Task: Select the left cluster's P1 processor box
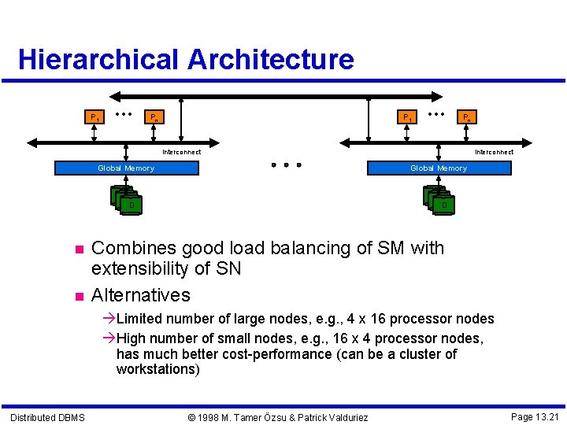point(94,117)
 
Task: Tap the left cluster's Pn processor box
point(156,117)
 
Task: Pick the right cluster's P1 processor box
point(406,117)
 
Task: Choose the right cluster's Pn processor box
point(466,117)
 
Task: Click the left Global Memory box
point(126,168)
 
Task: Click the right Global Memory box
point(439,168)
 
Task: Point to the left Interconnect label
point(181,152)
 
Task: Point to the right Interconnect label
point(494,152)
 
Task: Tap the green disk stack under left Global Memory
point(126,201)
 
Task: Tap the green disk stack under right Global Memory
point(438,201)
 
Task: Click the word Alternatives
point(141,295)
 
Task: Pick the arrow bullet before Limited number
point(109,319)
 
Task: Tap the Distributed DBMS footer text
point(47,417)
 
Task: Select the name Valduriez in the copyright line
point(341,417)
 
